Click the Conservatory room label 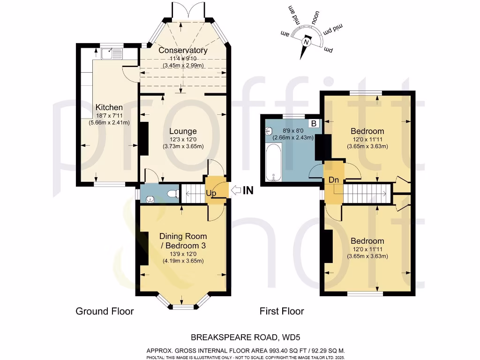click(x=183, y=50)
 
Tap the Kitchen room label click(x=109, y=107)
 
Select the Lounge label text click(x=183, y=131)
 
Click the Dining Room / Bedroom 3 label click(x=183, y=240)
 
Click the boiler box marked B click(x=315, y=124)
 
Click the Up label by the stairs click(x=212, y=193)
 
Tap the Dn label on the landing click(x=334, y=180)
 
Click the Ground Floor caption click(x=105, y=311)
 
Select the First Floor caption click(x=282, y=311)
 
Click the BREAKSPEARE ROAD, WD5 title click(x=240, y=337)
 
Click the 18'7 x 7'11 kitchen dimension click(x=109, y=116)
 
